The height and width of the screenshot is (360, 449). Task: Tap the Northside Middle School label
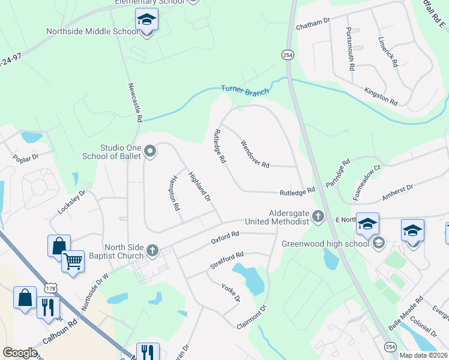click(92, 31)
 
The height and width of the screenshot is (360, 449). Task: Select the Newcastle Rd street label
click(134, 102)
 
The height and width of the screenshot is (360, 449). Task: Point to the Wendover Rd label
click(255, 154)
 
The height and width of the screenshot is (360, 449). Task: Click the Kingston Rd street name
click(381, 96)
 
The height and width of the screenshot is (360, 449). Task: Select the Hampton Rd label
click(175, 193)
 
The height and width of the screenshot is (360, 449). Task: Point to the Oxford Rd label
click(225, 238)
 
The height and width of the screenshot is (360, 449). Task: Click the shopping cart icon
click(73, 261)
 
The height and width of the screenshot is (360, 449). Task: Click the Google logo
click(20, 353)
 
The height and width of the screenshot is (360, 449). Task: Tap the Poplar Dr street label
click(25, 158)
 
